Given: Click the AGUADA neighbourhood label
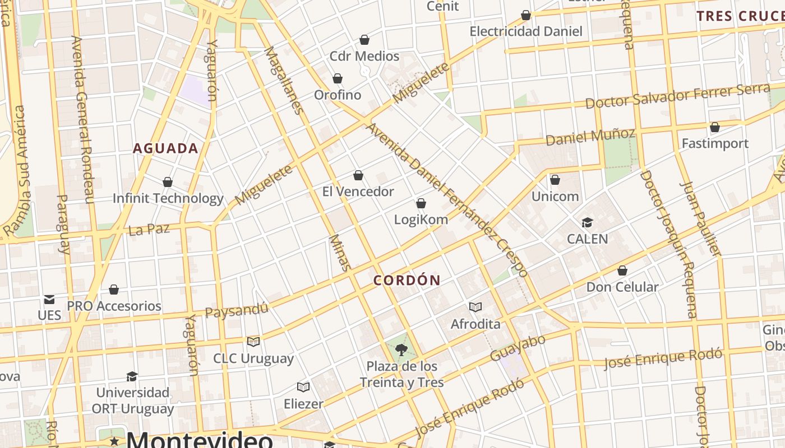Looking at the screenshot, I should tap(165, 148).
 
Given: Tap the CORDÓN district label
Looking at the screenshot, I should tap(407, 281).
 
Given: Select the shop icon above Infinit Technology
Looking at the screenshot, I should tap(167, 182).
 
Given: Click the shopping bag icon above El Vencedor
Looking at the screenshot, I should tap(358, 175).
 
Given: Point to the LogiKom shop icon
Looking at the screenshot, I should tap(421, 203).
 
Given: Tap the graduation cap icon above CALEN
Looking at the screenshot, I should tap(587, 223).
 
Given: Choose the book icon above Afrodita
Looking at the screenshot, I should tap(475, 307).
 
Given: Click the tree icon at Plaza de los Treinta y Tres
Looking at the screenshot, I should tap(401, 351).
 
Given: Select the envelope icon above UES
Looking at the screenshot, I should tap(49, 300).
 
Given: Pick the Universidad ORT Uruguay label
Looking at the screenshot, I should tap(133, 400).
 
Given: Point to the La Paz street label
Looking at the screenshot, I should tap(149, 230).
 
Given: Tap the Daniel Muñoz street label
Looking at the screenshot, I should tap(590, 136).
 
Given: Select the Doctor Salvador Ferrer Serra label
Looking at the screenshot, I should tap(677, 96).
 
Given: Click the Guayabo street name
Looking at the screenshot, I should tap(518, 348).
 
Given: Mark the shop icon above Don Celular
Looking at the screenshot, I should tap(622, 271).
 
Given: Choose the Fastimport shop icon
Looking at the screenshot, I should tap(714, 128).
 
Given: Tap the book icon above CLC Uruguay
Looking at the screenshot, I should tap(253, 342).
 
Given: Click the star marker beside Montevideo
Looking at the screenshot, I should tap(115, 441).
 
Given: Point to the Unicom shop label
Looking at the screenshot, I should tap(555, 197).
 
